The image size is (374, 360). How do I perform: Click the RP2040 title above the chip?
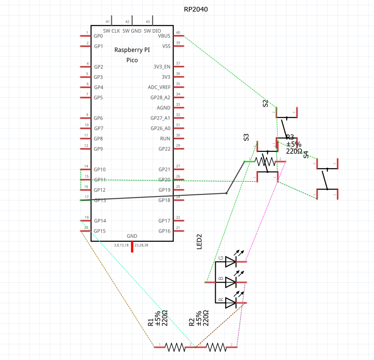196,9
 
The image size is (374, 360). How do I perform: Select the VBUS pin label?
164,36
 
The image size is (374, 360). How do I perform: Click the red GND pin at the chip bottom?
132,246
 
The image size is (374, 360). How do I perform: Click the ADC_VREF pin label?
159,87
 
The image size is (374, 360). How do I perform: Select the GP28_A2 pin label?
160,97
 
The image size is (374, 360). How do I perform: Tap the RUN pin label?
165,138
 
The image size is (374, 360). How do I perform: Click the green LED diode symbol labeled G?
230,262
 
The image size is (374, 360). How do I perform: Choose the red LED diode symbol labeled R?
230,303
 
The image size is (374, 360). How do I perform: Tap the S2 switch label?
265,103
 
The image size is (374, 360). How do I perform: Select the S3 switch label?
246,137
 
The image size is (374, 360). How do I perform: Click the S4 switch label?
306,154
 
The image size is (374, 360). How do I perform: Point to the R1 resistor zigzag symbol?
175,347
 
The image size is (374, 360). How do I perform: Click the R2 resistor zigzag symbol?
216,347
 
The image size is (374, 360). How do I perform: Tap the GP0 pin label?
98,36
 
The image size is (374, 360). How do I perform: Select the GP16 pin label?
164,231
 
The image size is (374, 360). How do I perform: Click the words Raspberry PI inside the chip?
132,50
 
